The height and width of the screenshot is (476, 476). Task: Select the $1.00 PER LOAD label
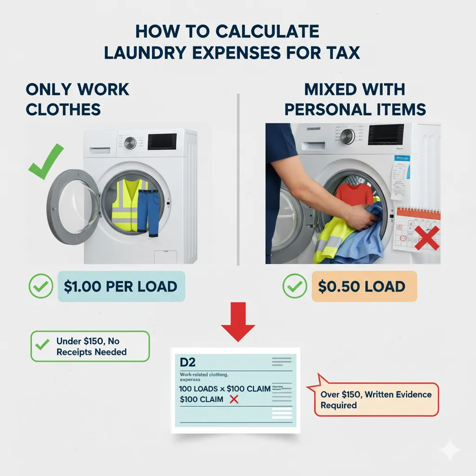pyautogui.click(x=121, y=286)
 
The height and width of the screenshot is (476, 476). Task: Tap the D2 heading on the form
pyautogui.click(x=187, y=361)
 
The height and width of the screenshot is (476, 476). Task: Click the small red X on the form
pyautogui.click(x=234, y=399)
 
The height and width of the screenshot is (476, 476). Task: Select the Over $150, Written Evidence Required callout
pyautogui.click(x=376, y=400)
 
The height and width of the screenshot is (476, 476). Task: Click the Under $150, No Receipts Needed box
pyautogui.click(x=90, y=346)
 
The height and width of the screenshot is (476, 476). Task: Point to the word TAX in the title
pyautogui.click(x=341, y=52)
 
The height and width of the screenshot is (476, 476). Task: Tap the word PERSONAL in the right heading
pyautogui.click(x=329, y=109)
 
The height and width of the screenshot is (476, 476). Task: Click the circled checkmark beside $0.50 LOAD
pyautogui.click(x=294, y=287)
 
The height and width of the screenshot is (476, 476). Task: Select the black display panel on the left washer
pyautogui.click(x=162, y=141)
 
